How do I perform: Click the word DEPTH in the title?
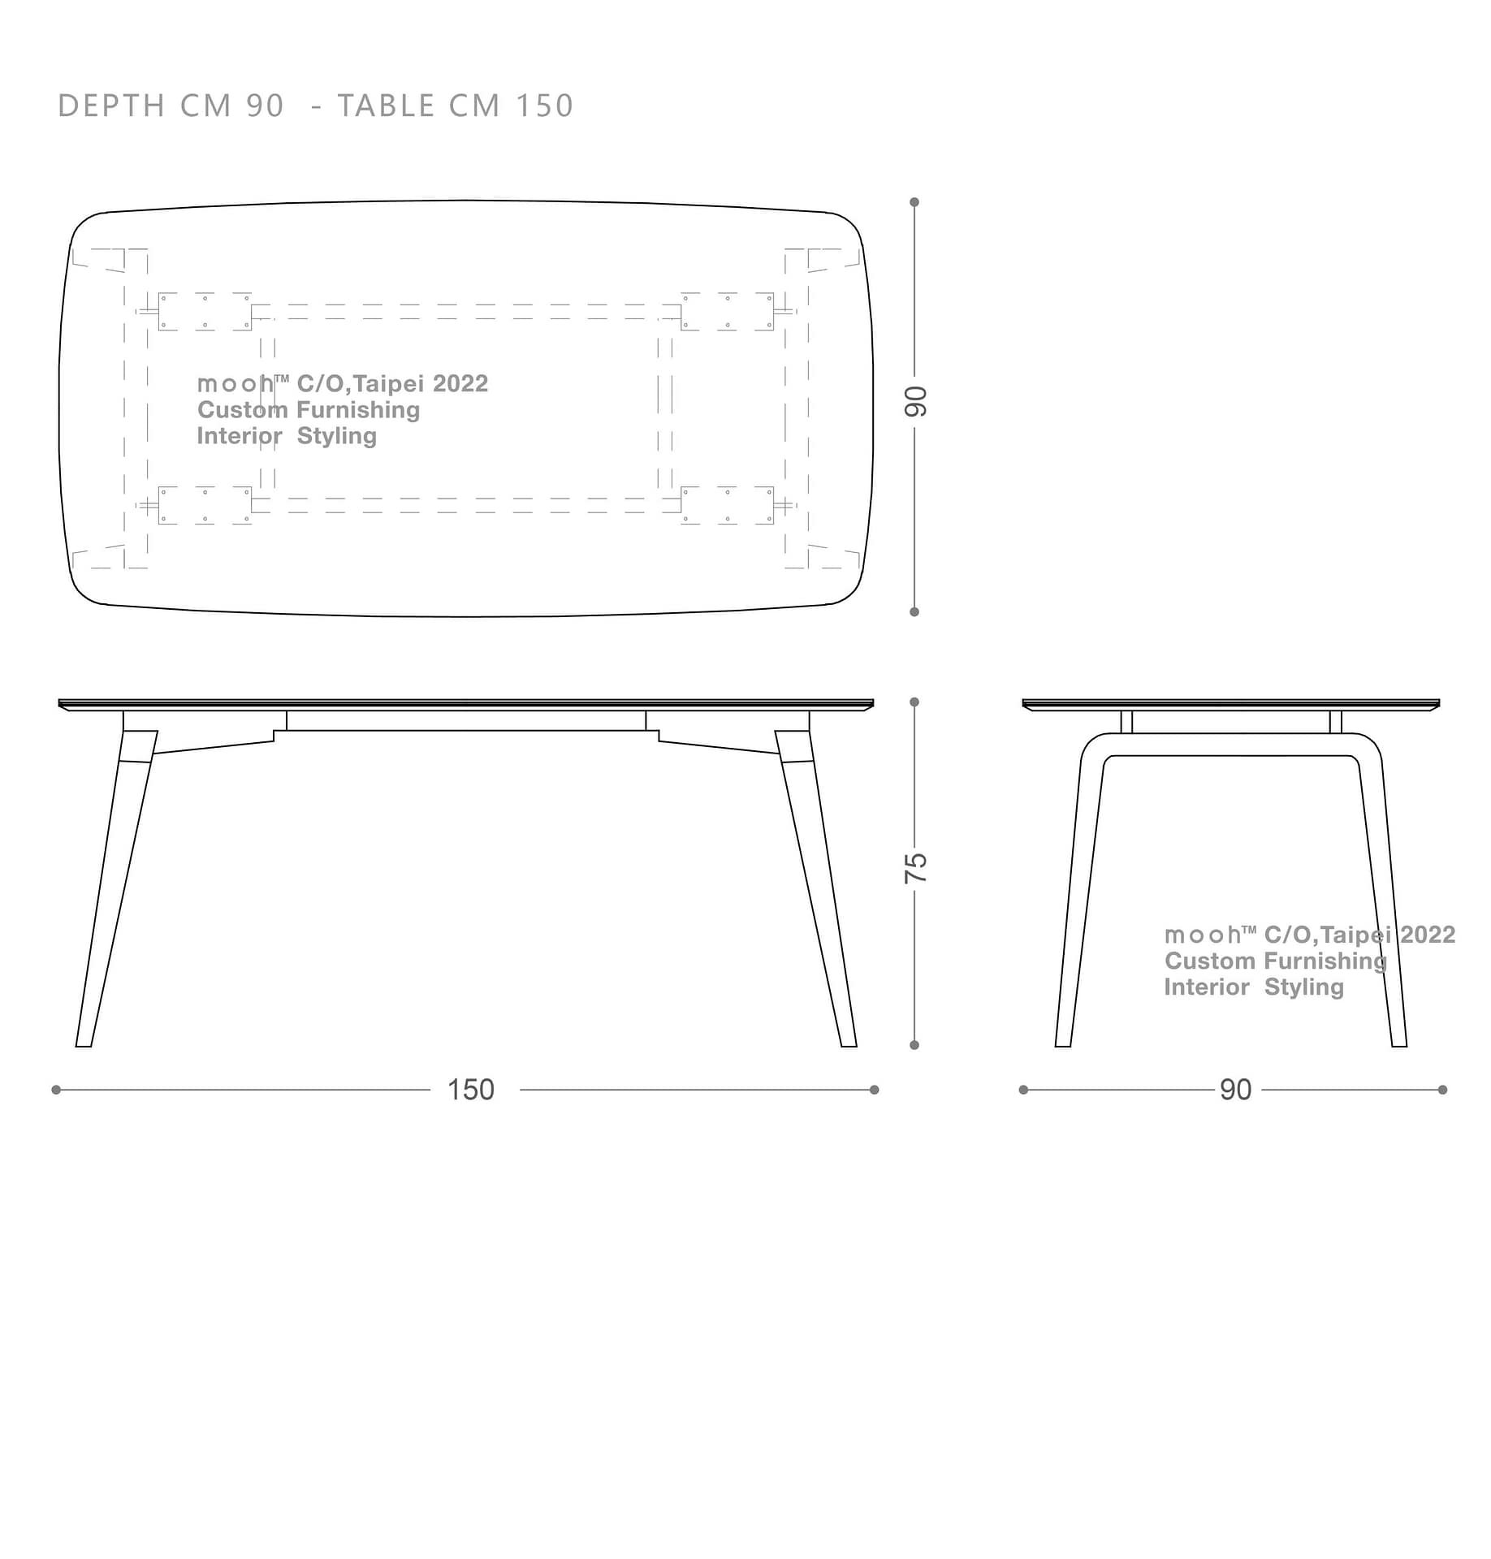[x=112, y=106]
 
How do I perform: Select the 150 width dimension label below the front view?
[x=471, y=1090]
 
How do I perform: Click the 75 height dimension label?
[x=915, y=868]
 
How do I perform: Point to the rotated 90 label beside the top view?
[x=915, y=402]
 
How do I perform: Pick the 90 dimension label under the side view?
[x=1235, y=1090]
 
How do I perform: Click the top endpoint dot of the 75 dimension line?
[x=914, y=702]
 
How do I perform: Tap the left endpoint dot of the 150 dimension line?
[x=56, y=1090]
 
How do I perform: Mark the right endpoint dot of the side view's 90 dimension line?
[x=1442, y=1090]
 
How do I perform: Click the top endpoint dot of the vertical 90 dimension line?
[x=914, y=202]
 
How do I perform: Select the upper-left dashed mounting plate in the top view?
[x=205, y=312]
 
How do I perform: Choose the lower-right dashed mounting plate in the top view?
[x=728, y=505]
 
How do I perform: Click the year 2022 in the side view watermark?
[x=1428, y=935]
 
